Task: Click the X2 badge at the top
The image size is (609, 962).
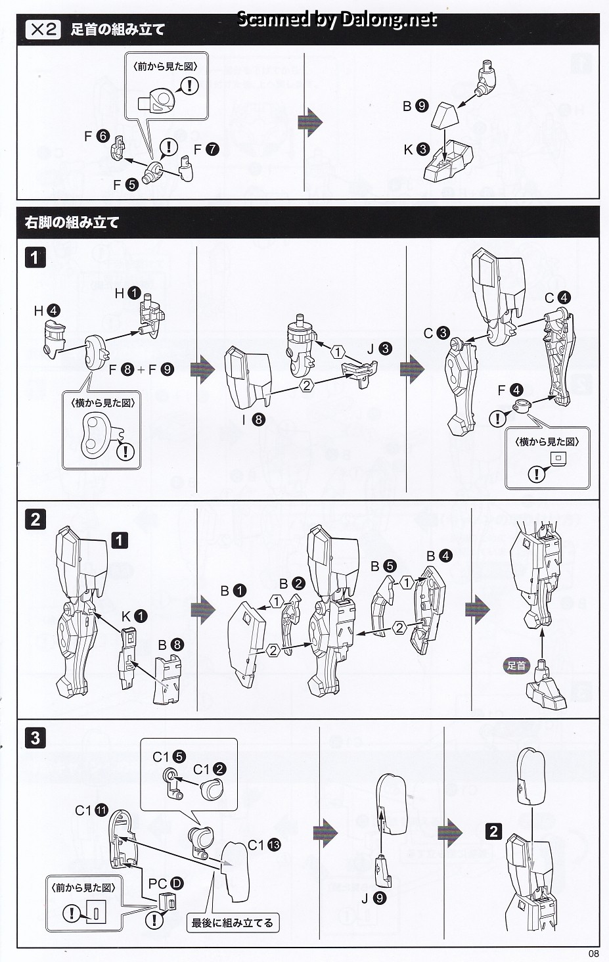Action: (43, 30)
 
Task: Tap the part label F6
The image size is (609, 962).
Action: (96, 136)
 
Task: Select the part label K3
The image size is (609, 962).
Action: (417, 150)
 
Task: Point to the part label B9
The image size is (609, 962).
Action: (415, 106)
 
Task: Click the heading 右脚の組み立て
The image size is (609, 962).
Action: (72, 223)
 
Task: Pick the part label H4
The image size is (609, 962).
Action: (47, 311)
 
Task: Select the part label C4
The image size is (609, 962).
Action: (557, 298)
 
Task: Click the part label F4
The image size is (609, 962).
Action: (510, 391)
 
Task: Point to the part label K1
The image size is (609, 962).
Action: (134, 616)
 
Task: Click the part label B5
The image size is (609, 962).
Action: (383, 566)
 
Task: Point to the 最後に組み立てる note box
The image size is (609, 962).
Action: (232, 923)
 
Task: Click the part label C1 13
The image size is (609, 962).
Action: (264, 845)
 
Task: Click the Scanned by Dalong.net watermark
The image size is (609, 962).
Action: (336, 20)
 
